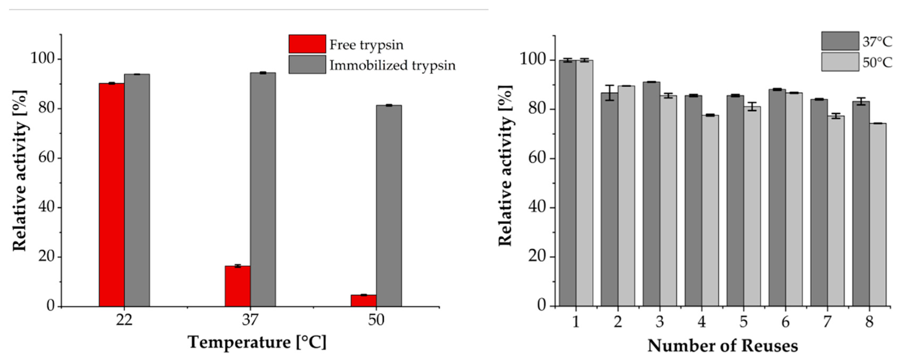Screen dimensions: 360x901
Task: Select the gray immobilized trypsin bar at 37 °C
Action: pyautogui.click(x=263, y=189)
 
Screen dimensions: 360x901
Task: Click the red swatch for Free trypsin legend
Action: pyautogui.click(x=307, y=44)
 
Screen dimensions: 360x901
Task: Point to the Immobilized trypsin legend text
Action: pyautogui.click(x=393, y=65)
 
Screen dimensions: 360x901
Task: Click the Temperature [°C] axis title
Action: pyautogui.click(x=257, y=342)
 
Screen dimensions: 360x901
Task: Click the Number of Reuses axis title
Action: pyautogui.click(x=723, y=346)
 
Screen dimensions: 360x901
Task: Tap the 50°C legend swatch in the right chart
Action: pyautogui.click(x=840, y=62)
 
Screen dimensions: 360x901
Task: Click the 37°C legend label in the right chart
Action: pyautogui.click(x=877, y=42)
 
